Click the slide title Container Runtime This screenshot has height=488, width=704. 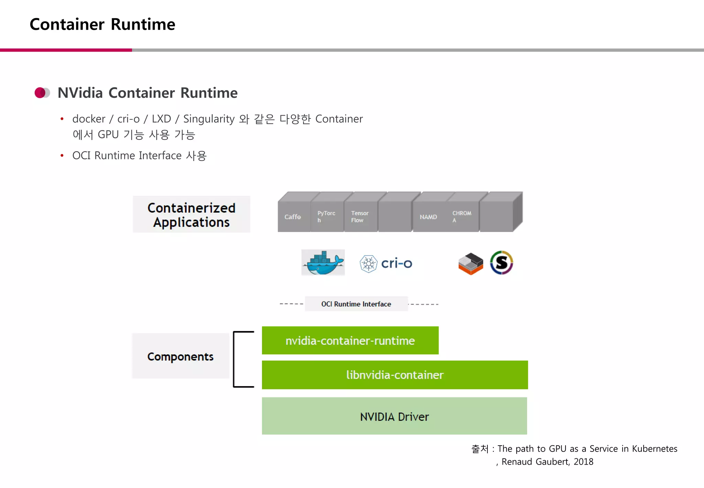102,24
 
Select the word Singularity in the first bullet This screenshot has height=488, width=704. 209,119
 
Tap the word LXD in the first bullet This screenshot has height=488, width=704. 161,119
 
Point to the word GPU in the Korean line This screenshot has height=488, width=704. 108,135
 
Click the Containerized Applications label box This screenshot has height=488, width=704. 191,215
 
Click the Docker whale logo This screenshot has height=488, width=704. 323,263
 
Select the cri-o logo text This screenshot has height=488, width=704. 396,263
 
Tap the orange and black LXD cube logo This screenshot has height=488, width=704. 471,264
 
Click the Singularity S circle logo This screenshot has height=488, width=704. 502,263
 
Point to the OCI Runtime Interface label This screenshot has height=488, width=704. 356,304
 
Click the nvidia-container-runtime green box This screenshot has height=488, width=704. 350,340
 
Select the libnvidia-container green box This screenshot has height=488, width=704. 395,375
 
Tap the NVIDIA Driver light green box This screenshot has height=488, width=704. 394,416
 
